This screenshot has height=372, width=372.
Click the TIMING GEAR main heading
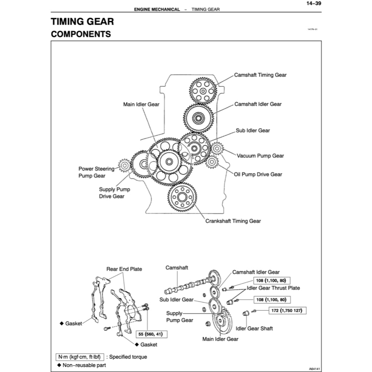pos(82,21)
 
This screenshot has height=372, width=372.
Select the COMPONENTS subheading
pos(81,34)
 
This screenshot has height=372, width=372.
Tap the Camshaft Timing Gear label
pos(260,75)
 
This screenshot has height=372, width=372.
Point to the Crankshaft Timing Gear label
pos(233,221)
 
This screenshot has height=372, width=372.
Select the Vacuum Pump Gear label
pos(260,156)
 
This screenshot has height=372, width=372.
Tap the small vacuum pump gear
pos(217,148)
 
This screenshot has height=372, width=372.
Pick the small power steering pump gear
pos(124,166)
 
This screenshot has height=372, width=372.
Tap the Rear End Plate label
pos(124,269)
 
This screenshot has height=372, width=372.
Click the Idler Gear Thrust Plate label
pos(273,288)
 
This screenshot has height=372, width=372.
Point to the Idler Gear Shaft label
pos(254,328)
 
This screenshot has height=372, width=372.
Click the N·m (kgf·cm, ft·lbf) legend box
pos(79,357)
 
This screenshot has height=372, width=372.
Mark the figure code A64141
pos(315,368)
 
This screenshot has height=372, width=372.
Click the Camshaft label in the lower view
pos(177,268)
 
